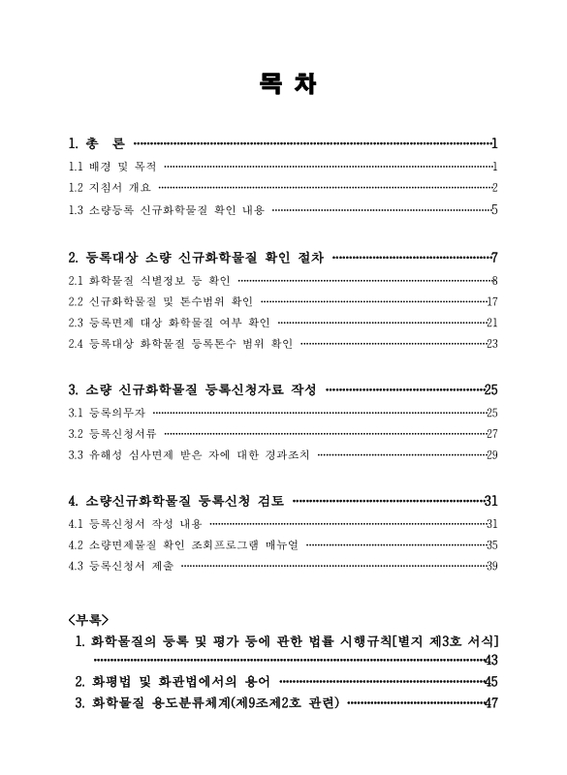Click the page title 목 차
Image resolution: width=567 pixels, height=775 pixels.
pyautogui.click(x=283, y=84)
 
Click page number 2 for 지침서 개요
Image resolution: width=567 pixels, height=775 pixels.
pyautogui.click(x=494, y=187)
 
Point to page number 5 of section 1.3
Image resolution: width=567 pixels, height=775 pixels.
pyautogui.click(x=494, y=208)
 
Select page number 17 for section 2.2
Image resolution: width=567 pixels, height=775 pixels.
pyautogui.click(x=491, y=300)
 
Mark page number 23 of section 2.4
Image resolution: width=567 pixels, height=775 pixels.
pyautogui.click(x=491, y=342)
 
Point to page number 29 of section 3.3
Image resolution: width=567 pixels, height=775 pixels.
pyautogui.click(x=491, y=453)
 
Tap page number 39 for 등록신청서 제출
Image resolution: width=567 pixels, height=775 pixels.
pyautogui.click(x=491, y=566)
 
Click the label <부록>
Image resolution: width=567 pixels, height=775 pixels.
pyautogui.click(x=89, y=617)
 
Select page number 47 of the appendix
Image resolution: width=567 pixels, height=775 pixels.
pyautogui.click(x=490, y=702)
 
